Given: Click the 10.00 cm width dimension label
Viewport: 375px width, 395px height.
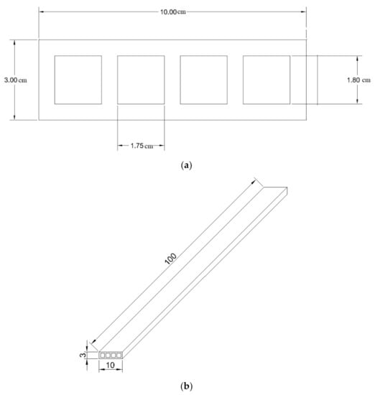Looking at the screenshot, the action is pos(173,11).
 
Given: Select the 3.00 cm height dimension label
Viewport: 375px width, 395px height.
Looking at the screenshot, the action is pos(16,80).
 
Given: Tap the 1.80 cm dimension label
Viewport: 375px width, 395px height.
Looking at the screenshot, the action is pos(358,80).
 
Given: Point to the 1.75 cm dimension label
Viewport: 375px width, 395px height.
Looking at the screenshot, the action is pos(142,146).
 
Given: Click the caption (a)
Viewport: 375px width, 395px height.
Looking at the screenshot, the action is pos(187,165).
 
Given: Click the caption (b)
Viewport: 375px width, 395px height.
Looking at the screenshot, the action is pos(187,386).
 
